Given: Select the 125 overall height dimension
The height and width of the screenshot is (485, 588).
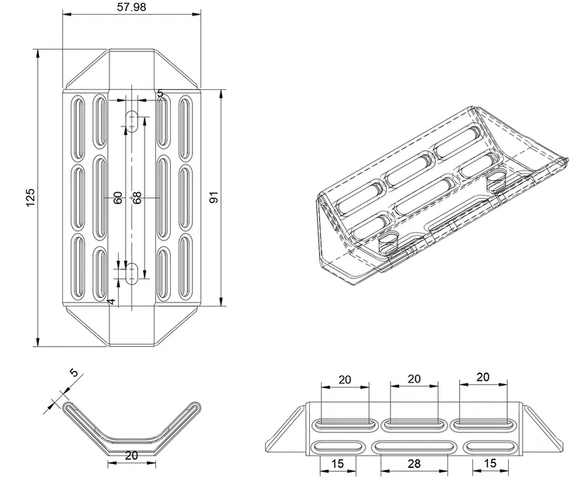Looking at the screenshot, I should point(30,198).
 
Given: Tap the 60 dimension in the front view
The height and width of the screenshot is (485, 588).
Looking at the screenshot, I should point(118,198).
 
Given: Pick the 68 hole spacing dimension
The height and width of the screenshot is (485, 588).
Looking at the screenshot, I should point(137,198).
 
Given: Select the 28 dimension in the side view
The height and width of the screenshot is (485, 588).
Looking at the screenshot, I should point(415,464).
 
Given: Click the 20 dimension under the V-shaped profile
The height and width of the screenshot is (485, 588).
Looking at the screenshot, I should point(131,456).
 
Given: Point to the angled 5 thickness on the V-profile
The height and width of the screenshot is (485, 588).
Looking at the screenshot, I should point(74,374).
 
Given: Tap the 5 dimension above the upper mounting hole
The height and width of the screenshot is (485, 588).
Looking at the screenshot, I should point(160,93).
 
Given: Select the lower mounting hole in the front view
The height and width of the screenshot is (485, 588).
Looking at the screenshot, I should point(133,272).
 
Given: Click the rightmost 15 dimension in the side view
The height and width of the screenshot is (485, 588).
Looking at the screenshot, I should point(490,464).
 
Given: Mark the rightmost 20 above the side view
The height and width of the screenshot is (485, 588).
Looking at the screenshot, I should point(482,377).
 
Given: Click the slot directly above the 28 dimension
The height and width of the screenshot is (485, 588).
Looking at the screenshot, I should point(414,447).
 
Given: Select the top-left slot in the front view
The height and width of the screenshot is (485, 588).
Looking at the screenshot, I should point(78,122).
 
